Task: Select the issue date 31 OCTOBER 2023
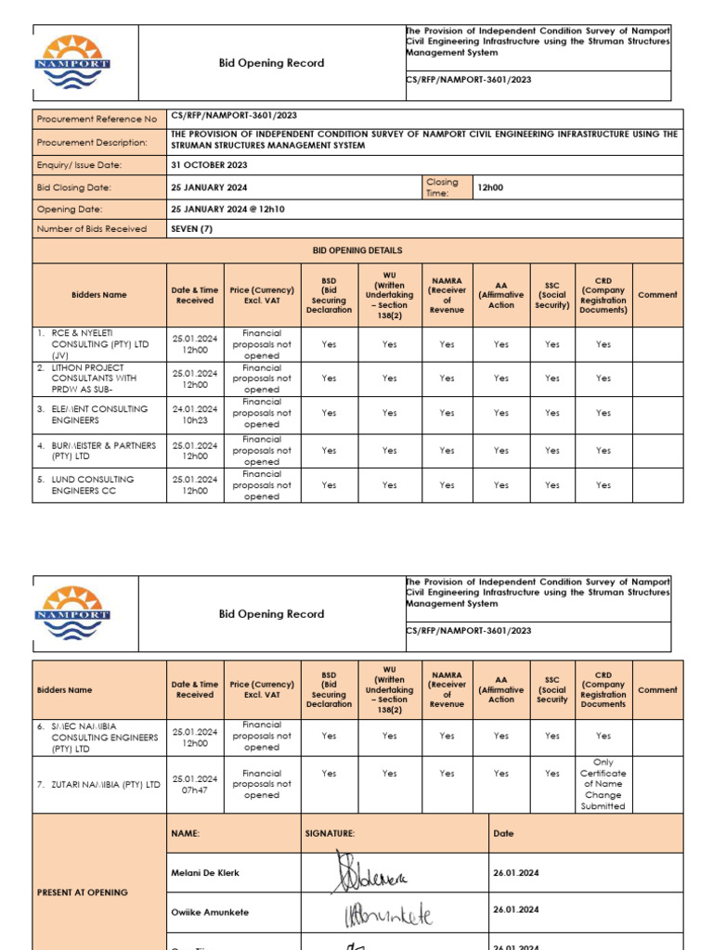coord(209,165)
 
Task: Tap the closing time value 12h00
coord(489,187)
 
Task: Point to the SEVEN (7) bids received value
coord(192,229)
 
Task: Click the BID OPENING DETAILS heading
coord(357,250)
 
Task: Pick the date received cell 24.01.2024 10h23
coord(195,414)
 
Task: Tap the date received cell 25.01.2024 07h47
coord(195,785)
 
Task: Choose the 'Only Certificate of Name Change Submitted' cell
coord(603,784)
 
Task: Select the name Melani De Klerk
coord(205,873)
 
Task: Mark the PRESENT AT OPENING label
coord(82,892)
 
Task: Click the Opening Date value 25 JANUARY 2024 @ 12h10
coord(227,210)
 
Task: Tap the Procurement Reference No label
coord(97,120)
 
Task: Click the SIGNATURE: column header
coord(330,834)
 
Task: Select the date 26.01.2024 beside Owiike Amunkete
coord(516,913)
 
